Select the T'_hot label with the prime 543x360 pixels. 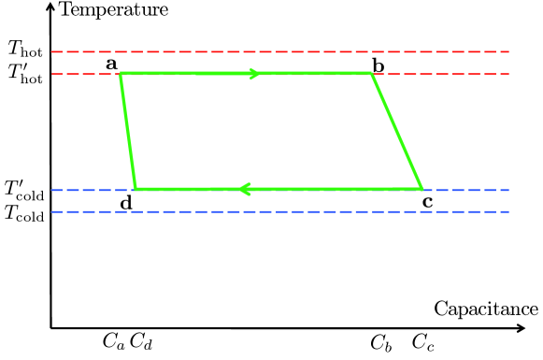tap(25, 72)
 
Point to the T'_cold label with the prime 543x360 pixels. tap(24, 190)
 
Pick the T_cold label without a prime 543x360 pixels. tap(24, 213)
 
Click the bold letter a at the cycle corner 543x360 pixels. tap(111, 63)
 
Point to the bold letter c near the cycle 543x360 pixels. tap(428, 200)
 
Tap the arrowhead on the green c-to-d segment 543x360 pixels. tap(246, 189)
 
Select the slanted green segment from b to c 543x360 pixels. tap(397, 131)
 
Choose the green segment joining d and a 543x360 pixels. tap(128, 131)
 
